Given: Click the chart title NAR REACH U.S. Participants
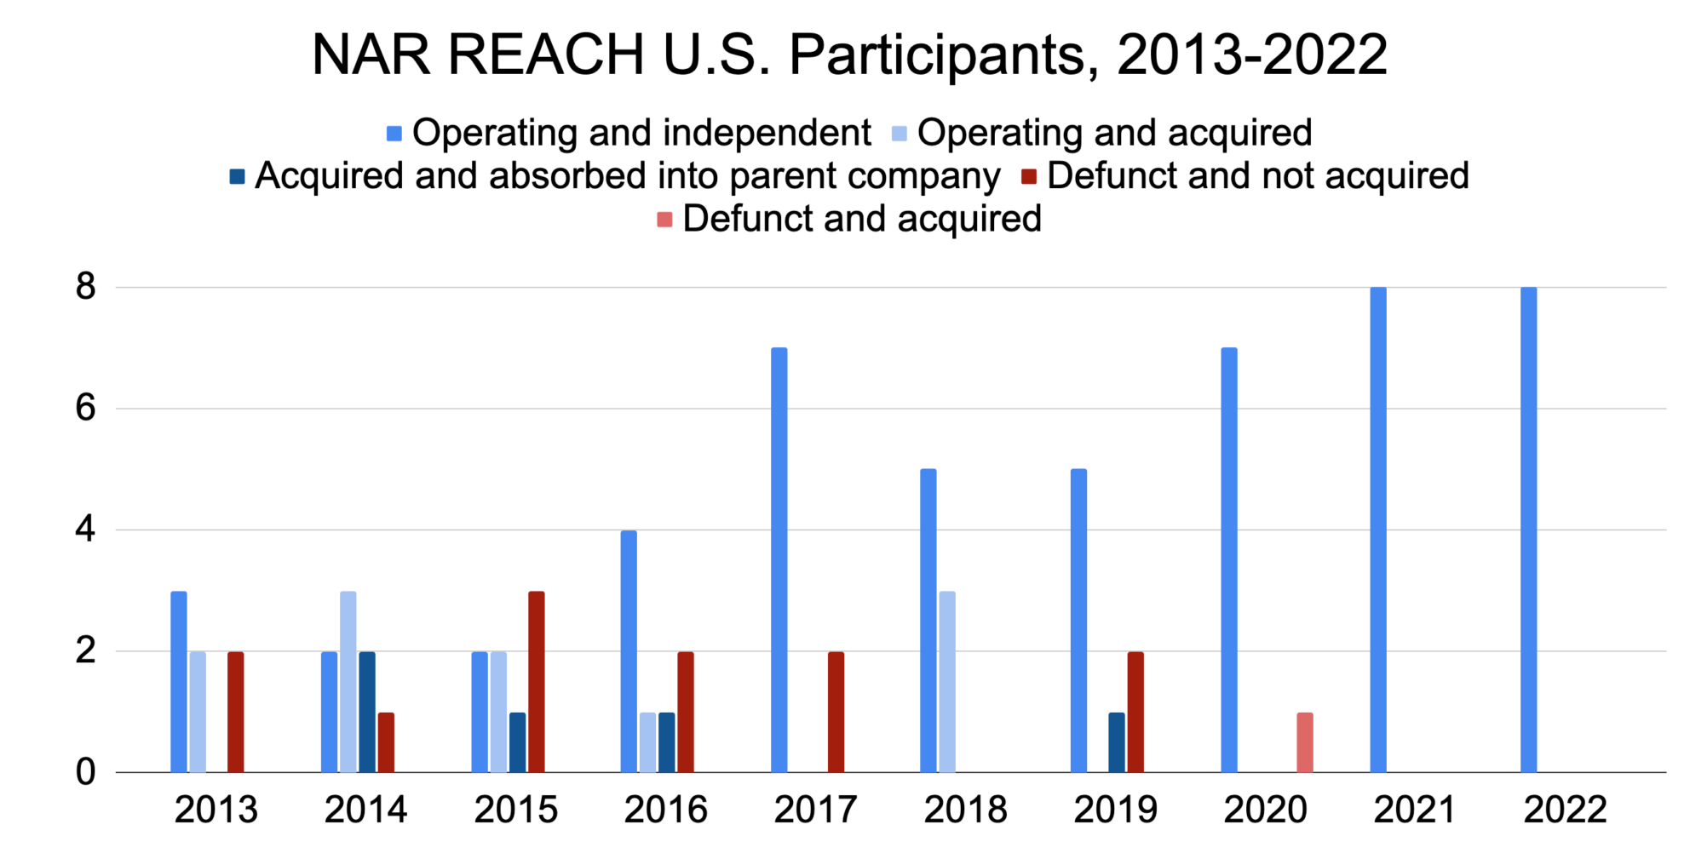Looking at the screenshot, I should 849,55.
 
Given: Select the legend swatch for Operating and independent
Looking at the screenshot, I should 394,134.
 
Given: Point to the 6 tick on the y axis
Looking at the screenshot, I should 85,409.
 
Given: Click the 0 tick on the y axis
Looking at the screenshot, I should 85,772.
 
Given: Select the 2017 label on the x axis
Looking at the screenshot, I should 815,810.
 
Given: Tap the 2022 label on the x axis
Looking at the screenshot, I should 1565,810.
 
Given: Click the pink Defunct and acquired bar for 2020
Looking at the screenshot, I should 1304,742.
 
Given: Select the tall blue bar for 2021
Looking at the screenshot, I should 1378,530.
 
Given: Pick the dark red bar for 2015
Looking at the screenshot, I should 536,681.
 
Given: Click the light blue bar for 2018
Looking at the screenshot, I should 946,681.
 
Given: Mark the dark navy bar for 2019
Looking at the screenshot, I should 1116,742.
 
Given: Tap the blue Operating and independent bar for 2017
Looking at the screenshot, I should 779,559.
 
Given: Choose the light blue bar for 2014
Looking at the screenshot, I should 348,681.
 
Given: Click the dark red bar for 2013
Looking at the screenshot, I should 236,712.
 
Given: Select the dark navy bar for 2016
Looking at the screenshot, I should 666,742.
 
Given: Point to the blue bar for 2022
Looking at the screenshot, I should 1528,530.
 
